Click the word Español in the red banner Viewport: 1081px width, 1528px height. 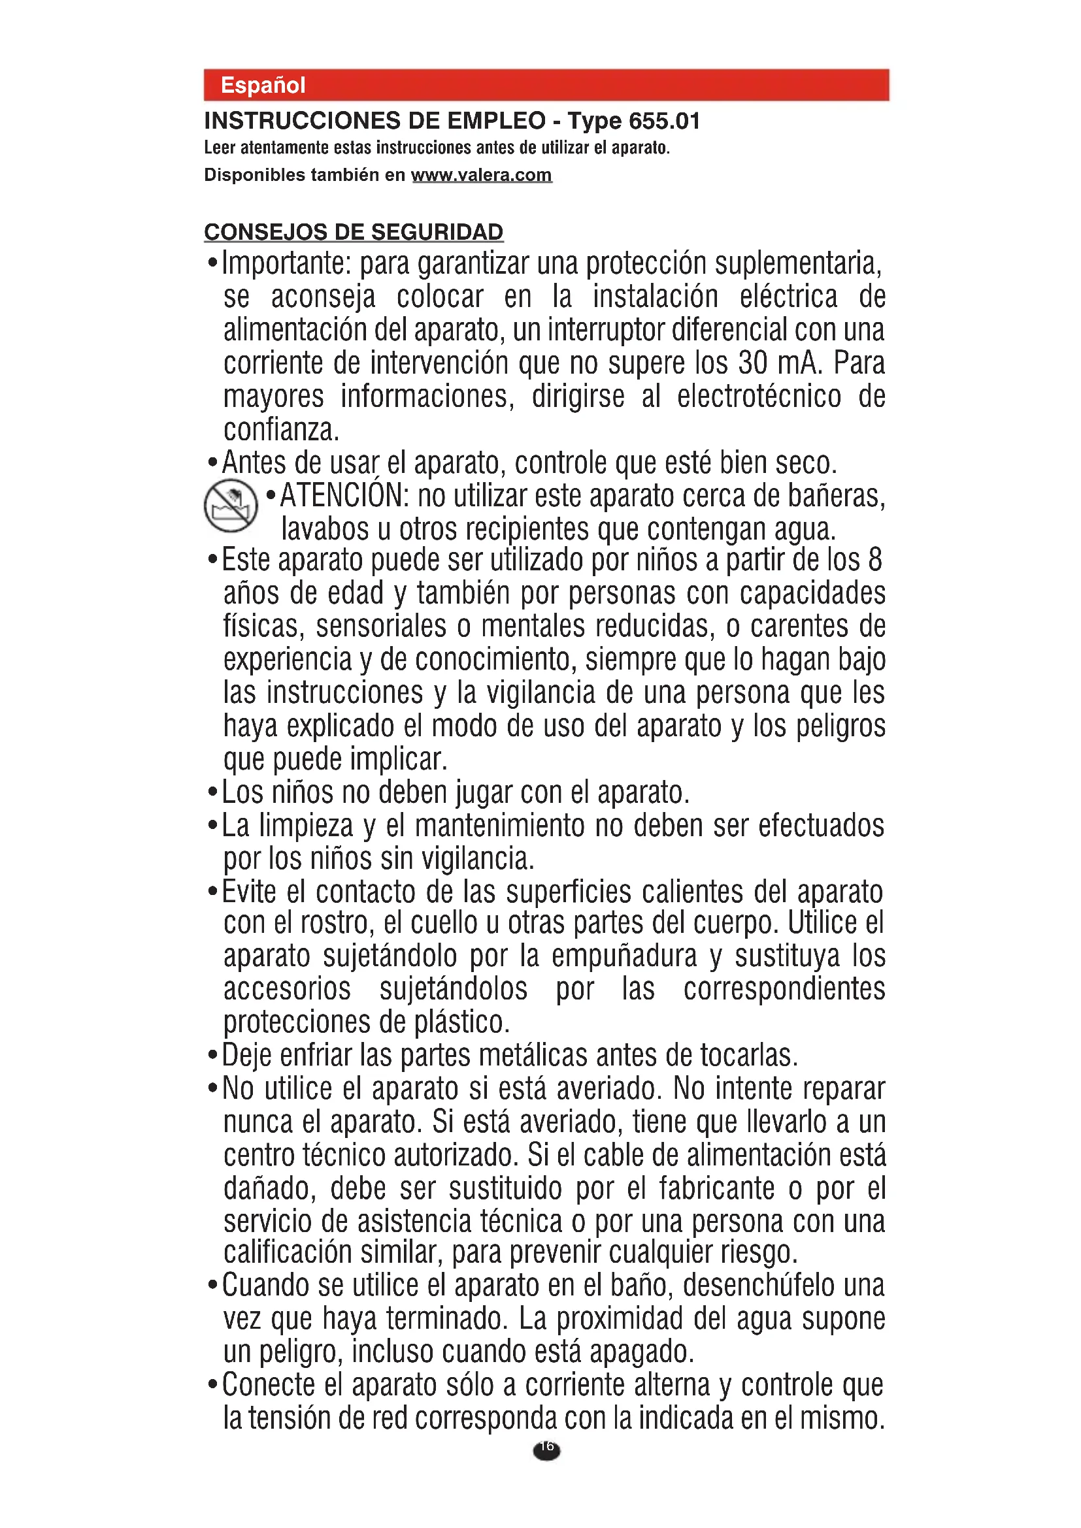click(263, 85)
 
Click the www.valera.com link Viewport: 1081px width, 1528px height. click(481, 175)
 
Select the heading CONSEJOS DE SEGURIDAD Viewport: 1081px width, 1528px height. click(354, 232)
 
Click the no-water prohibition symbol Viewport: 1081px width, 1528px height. click(230, 506)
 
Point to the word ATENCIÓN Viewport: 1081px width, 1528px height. click(344, 496)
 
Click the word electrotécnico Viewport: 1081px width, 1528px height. click(759, 397)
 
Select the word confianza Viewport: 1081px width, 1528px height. click(281, 430)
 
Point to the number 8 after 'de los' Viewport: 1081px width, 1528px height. click(874, 561)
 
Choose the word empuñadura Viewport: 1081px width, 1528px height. click(624, 956)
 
